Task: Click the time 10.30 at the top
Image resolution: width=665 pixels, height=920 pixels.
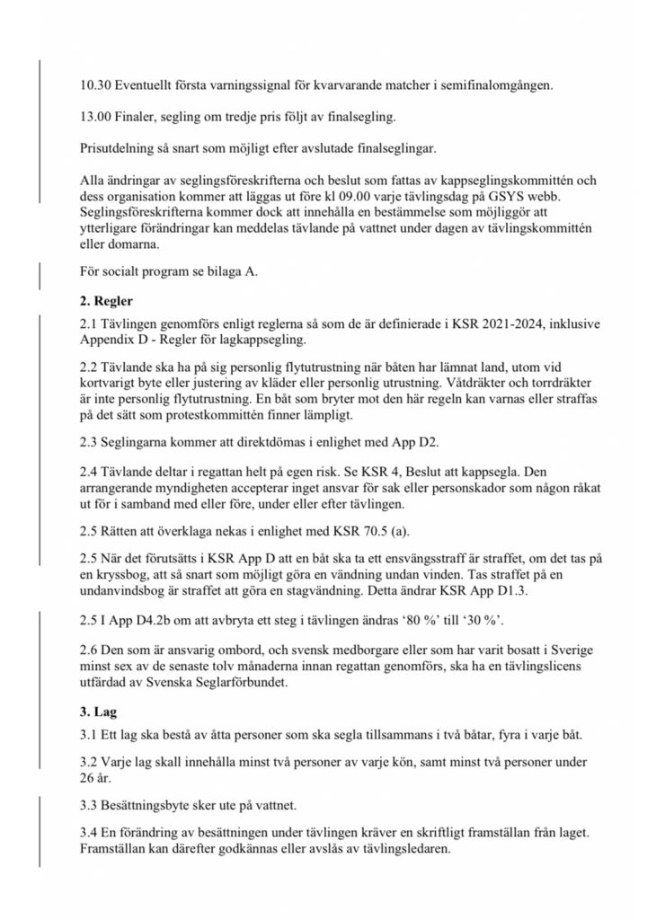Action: [x=92, y=86]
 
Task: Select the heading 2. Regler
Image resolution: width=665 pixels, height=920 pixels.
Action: [x=107, y=301]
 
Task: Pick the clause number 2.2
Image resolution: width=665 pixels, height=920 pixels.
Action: [x=89, y=367]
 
